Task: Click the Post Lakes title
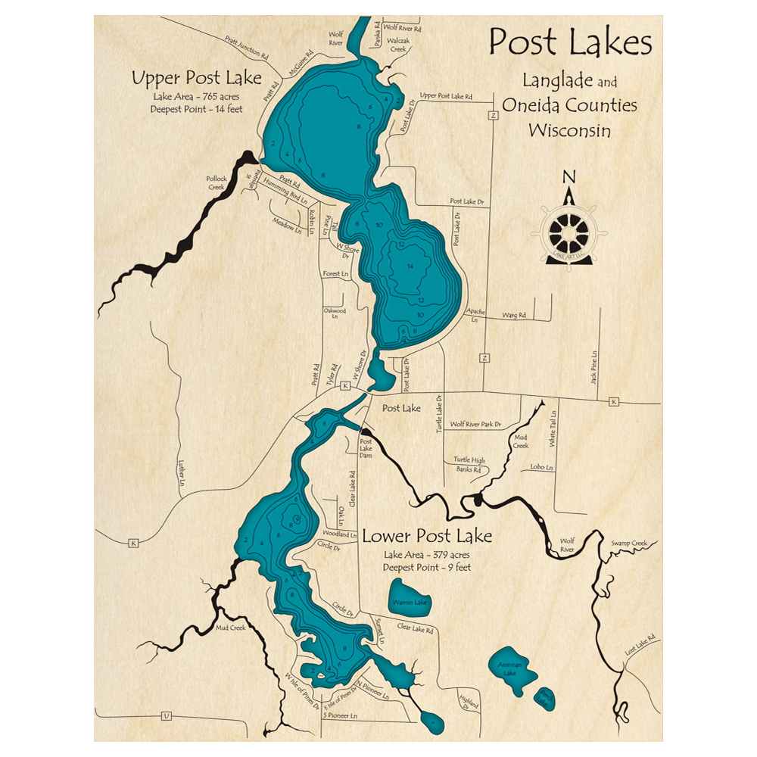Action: [570, 43]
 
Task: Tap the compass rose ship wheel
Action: [569, 231]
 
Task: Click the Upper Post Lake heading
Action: [196, 77]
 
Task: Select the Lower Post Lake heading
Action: [427, 537]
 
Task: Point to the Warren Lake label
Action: [410, 603]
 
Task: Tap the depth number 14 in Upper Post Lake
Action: [410, 266]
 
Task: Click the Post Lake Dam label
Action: [366, 448]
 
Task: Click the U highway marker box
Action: [167, 716]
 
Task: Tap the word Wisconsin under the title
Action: [569, 129]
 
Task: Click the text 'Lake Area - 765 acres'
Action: [196, 96]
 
